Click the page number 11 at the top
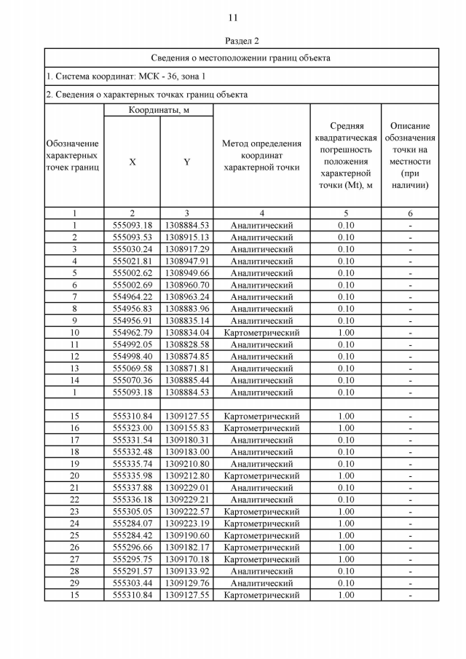pyautogui.click(x=233, y=17)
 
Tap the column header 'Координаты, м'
pyautogui.click(x=159, y=110)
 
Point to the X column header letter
pyautogui.click(x=132, y=162)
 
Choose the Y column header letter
pyautogui.click(x=186, y=162)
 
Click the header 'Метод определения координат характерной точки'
pyautogui.click(x=261, y=155)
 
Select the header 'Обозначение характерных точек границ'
pyautogui.click(x=73, y=155)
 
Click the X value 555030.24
pyautogui.click(x=132, y=249)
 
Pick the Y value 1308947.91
pyautogui.click(x=186, y=261)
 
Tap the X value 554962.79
pyautogui.click(x=132, y=333)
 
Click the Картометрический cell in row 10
pyautogui.click(x=261, y=333)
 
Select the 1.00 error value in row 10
pyautogui.click(x=346, y=333)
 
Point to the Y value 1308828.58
pyautogui.click(x=186, y=344)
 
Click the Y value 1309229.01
pyautogui.click(x=186, y=488)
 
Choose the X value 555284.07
pyautogui.click(x=132, y=524)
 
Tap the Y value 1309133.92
pyautogui.click(x=186, y=572)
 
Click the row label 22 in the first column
pyautogui.click(x=74, y=500)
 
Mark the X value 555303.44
pyautogui.click(x=132, y=583)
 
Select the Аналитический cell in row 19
pyautogui.click(x=261, y=464)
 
